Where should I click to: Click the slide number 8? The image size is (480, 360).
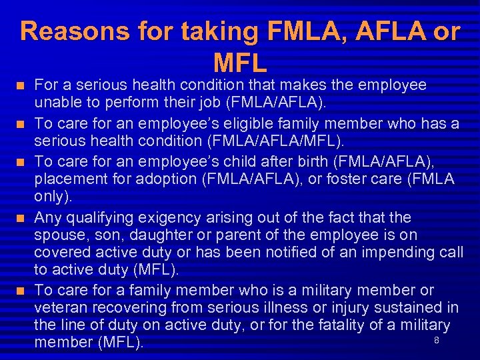click(x=436, y=341)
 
